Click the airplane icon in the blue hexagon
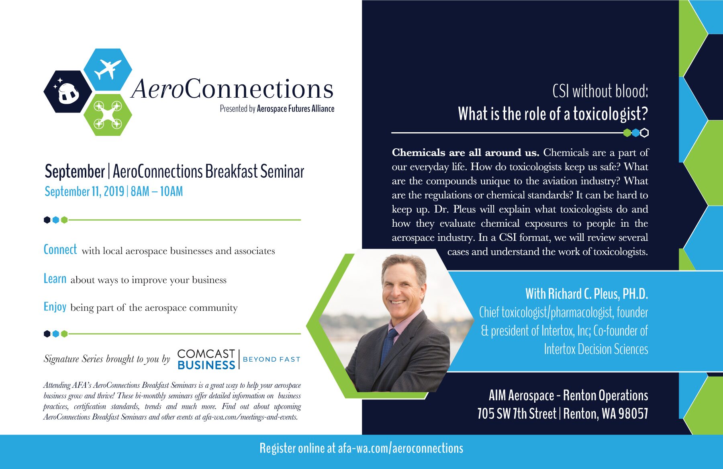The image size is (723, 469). pos(108,70)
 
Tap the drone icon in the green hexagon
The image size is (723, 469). pos(108,115)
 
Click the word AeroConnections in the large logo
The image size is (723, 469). pos(232,89)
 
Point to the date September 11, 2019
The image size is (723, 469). pos(84,191)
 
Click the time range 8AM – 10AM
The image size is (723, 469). pos(157,191)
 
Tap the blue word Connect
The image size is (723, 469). pos(60,250)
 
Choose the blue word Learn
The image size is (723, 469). pos(55,279)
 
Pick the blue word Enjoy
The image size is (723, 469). pos(55,307)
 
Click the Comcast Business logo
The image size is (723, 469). pos(206,359)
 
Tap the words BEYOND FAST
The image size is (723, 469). pos(272,359)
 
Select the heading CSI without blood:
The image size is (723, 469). pos(600,91)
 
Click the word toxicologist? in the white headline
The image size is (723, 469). pos(611,114)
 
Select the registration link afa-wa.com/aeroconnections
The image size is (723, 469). pos(400,448)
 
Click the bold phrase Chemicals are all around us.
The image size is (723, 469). pos(466,153)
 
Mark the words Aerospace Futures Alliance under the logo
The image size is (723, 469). pos(296,109)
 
